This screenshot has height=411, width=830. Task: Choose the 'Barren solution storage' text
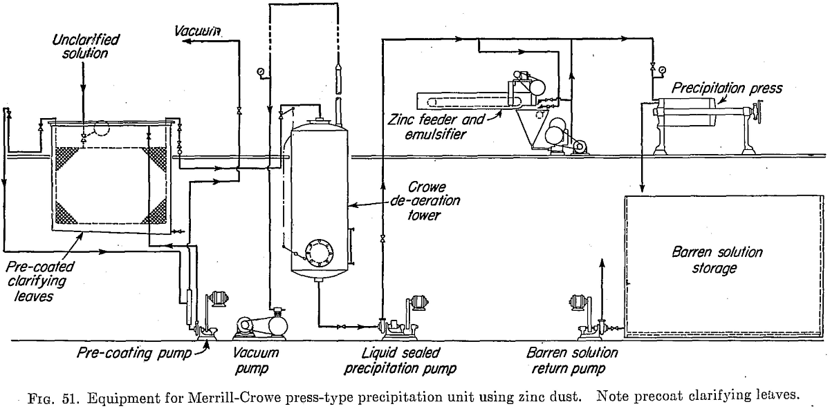click(x=712, y=260)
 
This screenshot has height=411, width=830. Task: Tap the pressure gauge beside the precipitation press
click(x=663, y=69)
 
